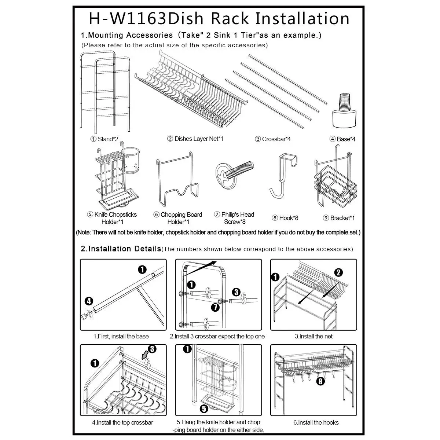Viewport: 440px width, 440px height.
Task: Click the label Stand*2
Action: point(104,139)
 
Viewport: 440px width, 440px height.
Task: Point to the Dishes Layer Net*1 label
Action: point(195,139)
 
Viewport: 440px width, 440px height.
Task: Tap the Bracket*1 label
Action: point(339,218)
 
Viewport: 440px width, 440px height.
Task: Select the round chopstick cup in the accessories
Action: point(131,161)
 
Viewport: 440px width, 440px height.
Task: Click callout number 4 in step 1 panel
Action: point(89,301)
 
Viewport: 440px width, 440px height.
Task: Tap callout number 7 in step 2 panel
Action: point(215,307)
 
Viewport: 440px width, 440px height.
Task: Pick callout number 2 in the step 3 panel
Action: point(338,272)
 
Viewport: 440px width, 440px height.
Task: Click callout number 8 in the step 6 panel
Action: point(320,381)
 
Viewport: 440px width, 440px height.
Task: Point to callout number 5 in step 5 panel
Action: point(204,408)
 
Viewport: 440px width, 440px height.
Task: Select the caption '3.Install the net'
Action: point(313,336)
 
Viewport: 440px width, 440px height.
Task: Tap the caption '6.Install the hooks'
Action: point(316,422)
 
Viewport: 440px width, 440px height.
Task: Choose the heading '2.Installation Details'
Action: point(121,249)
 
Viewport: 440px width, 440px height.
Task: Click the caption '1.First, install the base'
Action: point(121,336)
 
